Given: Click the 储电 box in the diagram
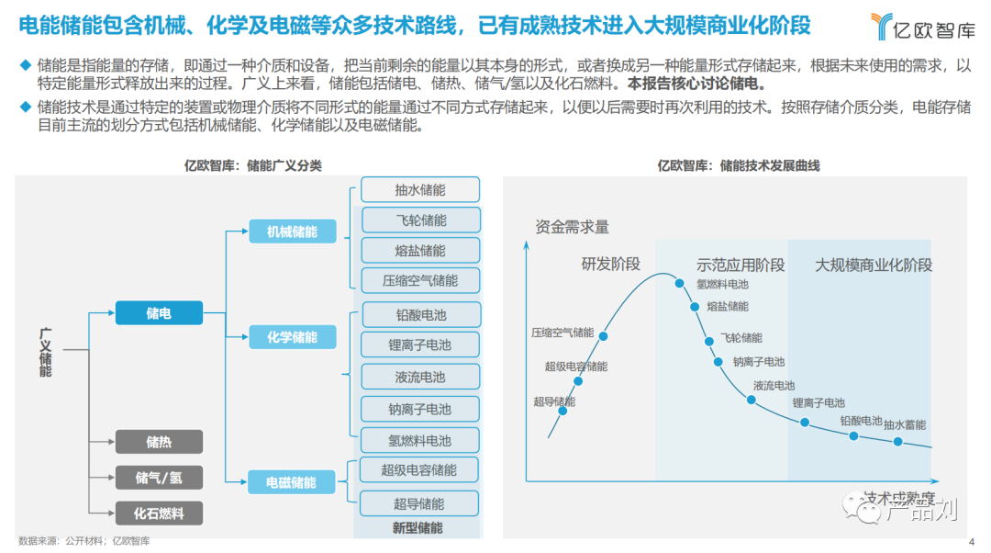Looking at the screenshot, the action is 159,313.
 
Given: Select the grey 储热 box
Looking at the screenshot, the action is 159,442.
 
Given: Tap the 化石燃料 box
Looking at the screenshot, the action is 159,513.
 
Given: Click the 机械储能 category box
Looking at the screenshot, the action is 292,231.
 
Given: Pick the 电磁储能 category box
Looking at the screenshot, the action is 292,481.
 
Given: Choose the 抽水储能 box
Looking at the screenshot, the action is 420,190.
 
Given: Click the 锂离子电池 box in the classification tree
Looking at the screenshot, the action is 420,344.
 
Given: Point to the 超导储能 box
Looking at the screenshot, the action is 419,503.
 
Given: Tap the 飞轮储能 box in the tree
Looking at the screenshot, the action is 421,220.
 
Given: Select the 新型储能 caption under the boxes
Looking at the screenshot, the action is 418,527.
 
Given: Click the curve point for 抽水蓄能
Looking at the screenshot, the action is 897,442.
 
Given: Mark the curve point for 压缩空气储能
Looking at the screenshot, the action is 604,336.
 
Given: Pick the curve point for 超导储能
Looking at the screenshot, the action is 562,411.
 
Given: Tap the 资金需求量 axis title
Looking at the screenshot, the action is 572,227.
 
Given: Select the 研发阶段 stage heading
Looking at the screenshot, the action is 610,265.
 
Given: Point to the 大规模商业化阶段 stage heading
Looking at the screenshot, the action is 874,265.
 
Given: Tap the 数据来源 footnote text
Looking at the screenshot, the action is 84,540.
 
